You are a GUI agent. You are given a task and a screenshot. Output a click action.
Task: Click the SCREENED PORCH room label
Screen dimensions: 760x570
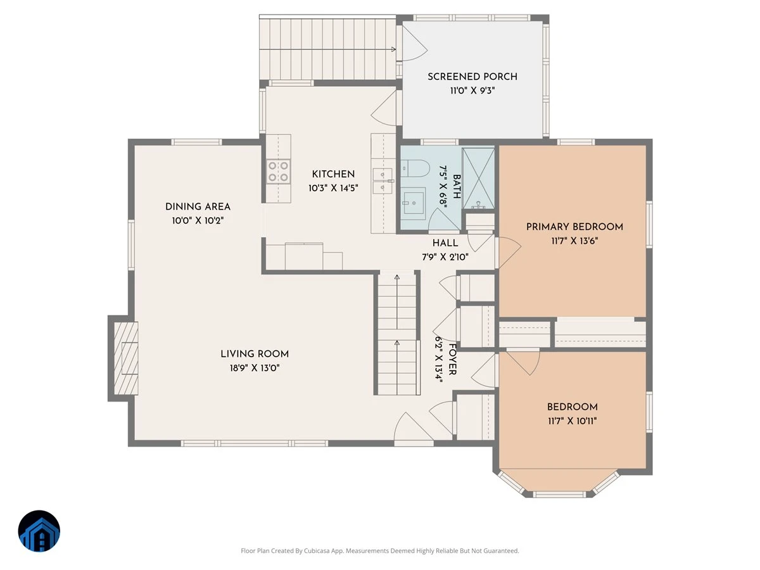coord(472,77)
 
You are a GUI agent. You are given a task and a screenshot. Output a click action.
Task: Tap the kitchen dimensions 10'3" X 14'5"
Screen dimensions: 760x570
coord(333,188)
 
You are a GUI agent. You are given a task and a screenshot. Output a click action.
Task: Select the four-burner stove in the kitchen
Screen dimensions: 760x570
coord(278,171)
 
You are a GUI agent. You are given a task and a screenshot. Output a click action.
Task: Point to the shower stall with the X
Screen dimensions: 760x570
coord(479,178)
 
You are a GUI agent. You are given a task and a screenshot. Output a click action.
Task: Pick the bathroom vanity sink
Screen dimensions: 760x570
coord(414,201)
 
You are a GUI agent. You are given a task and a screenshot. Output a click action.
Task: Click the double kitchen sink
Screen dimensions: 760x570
coord(383,180)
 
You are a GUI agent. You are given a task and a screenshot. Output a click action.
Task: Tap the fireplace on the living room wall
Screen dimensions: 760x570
coord(126,358)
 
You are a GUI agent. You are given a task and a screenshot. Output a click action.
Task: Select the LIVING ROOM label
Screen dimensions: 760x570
coord(255,353)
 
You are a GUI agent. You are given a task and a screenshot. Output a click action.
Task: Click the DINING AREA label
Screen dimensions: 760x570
coord(198,206)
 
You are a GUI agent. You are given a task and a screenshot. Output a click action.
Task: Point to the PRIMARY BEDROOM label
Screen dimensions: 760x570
coord(574,227)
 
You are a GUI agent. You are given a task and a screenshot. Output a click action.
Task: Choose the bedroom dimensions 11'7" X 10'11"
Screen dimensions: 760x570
coord(572,421)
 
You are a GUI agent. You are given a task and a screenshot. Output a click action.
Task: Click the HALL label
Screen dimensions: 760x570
coord(445,243)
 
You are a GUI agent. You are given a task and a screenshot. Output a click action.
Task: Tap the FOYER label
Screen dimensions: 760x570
coord(452,359)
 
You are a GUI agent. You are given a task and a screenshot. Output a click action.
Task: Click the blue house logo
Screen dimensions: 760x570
coord(39,531)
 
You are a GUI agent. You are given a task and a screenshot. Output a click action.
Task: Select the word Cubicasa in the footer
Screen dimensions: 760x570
coord(317,550)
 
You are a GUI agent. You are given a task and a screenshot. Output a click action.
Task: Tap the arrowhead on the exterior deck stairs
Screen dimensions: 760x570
coord(393,49)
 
